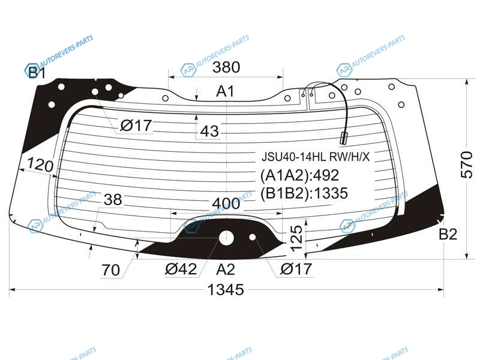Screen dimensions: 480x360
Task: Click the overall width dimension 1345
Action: [x=226, y=290]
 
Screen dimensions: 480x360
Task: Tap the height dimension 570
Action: [x=467, y=164]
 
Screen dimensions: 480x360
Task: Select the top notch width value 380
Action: [x=226, y=67]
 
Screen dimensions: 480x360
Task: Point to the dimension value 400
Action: [x=226, y=203]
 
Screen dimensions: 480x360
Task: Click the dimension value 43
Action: [x=209, y=131]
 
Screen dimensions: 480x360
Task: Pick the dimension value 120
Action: [x=40, y=166]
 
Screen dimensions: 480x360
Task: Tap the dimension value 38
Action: [x=113, y=200]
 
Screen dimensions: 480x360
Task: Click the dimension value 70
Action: [x=110, y=271]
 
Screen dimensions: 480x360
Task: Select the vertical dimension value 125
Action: [x=296, y=238]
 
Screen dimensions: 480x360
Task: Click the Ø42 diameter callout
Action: [x=181, y=269]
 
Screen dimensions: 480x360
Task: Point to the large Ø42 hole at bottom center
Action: [x=227, y=238]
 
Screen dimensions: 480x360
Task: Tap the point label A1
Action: [x=226, y=91]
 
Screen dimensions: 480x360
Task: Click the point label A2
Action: [x=226, y=269]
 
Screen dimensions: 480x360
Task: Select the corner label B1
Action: [x=37, y=73]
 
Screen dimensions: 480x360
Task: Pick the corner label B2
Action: [x=448, y=234]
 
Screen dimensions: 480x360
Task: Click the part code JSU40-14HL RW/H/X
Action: [x=316, y=157]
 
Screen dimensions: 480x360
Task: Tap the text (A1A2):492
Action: [x=299, y=175]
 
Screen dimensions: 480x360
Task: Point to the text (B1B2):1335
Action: [x=304, y=193]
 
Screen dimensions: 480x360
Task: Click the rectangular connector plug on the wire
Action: [x=343, y=138]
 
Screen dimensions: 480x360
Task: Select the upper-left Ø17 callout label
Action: [x=136, y=125]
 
